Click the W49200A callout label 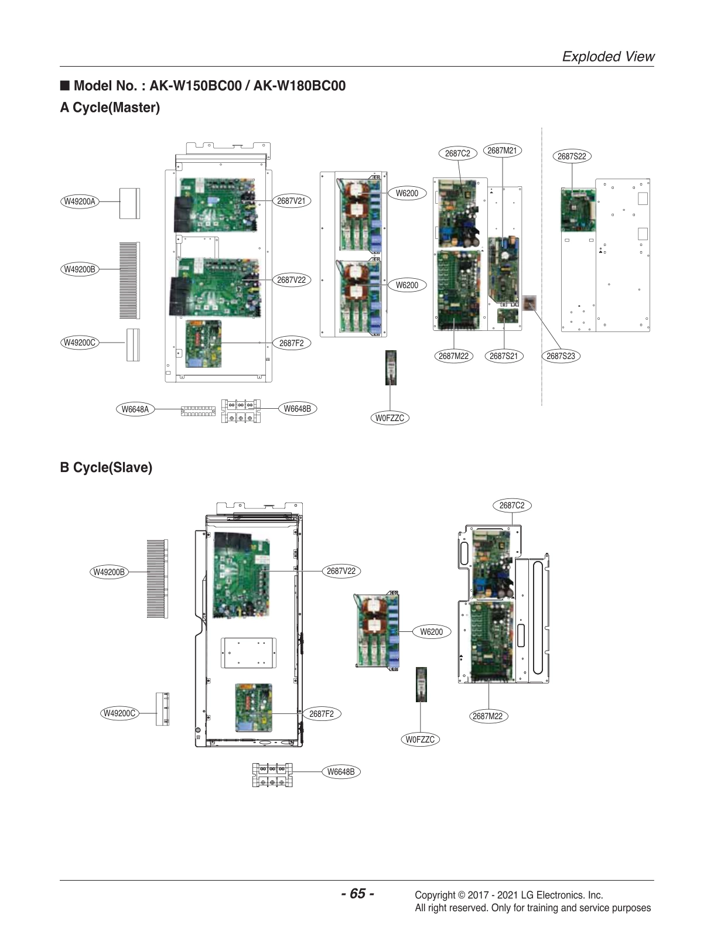pos(79,201)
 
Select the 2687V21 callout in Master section pos(291,201)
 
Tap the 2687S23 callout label pos(561,356)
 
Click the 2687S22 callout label pos(572,156)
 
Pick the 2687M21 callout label pos(502,151)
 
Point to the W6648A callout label pos(135,409)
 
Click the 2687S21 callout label pos(504,356)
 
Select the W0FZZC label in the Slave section pos(421,739)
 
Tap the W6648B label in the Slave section pos(340,772)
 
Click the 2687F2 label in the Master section pos(291,343)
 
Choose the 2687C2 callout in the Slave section pos(512,505)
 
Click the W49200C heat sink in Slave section pos(162,709)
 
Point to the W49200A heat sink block pos(129,203)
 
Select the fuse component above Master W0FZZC pos(391,367)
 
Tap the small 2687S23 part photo pos(529,303)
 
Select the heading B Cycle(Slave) pos(106,467)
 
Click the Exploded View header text pos(608,56)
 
